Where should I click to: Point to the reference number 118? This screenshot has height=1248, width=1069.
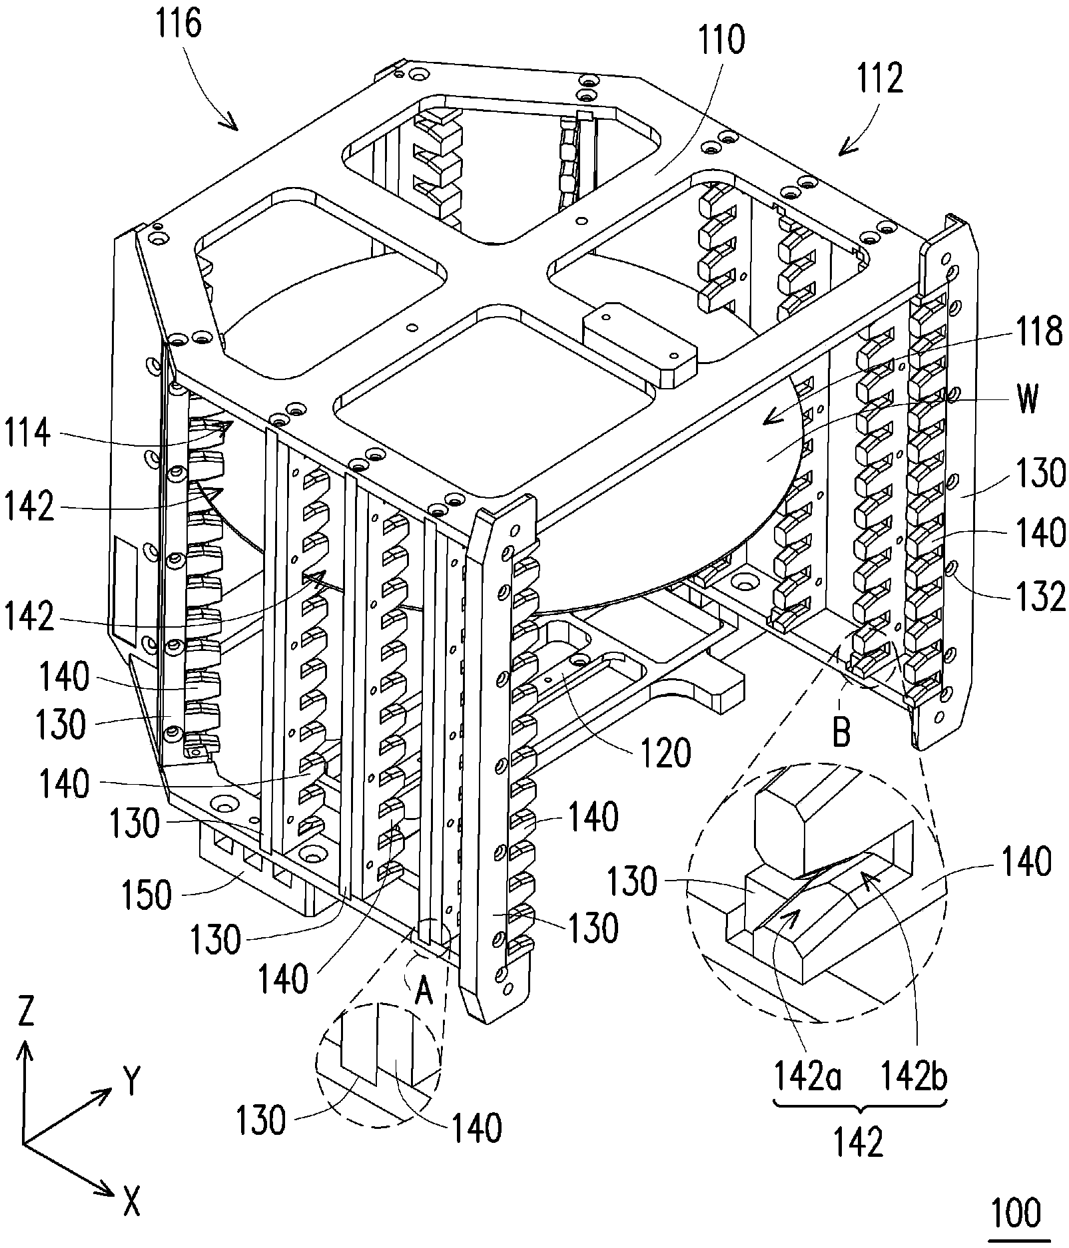pyautogui.click(x=1034, y=331)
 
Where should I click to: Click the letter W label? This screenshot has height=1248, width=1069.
pyautogui.click(x=1028, y=401)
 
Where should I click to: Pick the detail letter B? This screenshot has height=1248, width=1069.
pyautogui.click(x=841, y=733)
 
